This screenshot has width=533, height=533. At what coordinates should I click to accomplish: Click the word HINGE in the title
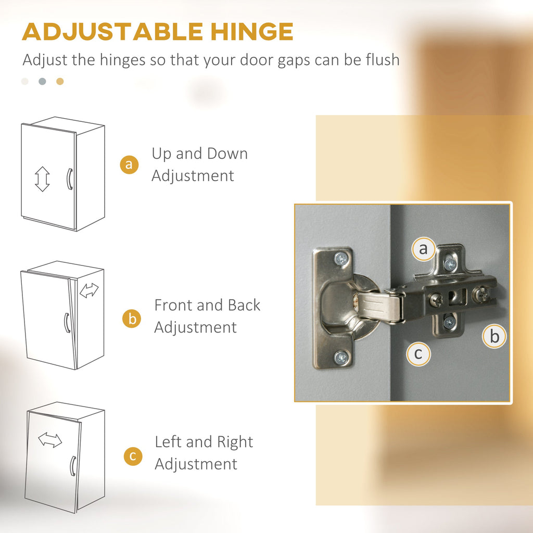pos(251,32)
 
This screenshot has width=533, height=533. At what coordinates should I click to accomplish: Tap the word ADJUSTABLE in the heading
pos(112,32)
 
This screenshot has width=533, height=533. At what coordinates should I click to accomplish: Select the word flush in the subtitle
pos(383,59)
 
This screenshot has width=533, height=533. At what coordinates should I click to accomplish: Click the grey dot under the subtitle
pos(42,81)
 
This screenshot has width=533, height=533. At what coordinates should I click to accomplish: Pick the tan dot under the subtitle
pos(60,81)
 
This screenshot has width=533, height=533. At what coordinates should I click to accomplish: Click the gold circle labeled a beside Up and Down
pos(129,164)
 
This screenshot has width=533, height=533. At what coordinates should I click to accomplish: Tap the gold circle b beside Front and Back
pos(132,319)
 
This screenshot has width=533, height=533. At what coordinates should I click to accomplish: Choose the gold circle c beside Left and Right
pos(133,456)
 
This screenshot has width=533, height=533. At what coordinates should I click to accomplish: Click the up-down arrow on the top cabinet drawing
pos(42,179)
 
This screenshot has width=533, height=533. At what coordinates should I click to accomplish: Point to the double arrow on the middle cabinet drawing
pos(89,290)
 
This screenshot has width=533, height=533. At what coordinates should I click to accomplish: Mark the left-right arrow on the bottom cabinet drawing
pos(50,440)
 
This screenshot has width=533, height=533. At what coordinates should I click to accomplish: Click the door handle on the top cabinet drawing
pos(69,179)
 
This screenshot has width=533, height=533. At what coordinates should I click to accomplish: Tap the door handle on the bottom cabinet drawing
pos(73,466)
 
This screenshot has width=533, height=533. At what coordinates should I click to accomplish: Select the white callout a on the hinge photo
pos(423,249)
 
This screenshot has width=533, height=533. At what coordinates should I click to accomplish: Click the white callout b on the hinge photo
pos(494,336)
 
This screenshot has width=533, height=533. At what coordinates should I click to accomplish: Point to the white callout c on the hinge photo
pos(418,354)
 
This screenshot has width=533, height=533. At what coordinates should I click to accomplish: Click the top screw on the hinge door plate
pos(340,259)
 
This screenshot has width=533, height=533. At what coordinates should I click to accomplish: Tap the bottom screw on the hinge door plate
pos(341,357)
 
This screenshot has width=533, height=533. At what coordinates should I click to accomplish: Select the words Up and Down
pos(200,154)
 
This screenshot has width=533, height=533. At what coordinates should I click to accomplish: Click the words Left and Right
pos(204,442)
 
